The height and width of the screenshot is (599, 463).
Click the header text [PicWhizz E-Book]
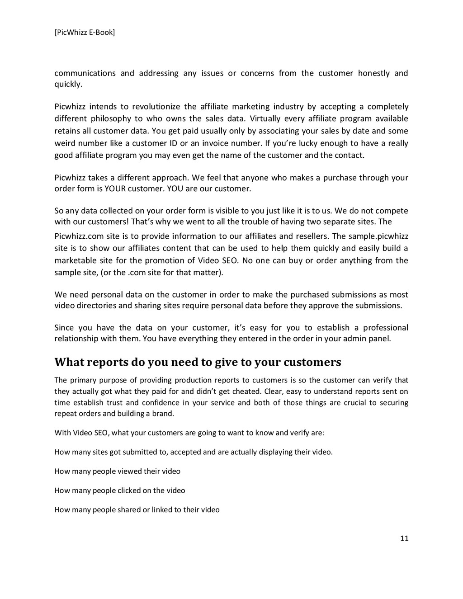coord(85,33)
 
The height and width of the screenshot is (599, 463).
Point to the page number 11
coord(404,538)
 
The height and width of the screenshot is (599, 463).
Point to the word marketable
coord(76,261)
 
